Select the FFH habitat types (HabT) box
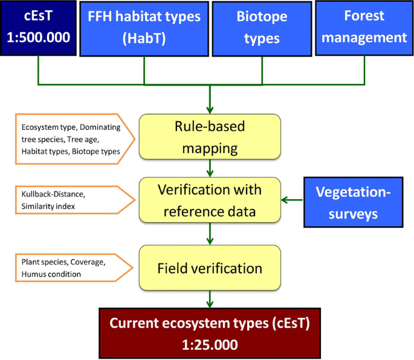point(144,27)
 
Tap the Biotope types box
point(258,27)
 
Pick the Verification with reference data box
point(210,199)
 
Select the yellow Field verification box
point(210,267)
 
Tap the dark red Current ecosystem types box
point(210,333)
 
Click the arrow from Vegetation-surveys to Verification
point(293,200)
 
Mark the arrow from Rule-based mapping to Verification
point(210,167)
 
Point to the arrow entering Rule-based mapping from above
point(210,103)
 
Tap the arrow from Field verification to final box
point(210,298)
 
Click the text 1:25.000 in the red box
point(209,344)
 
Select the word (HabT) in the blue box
point(144,39)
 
